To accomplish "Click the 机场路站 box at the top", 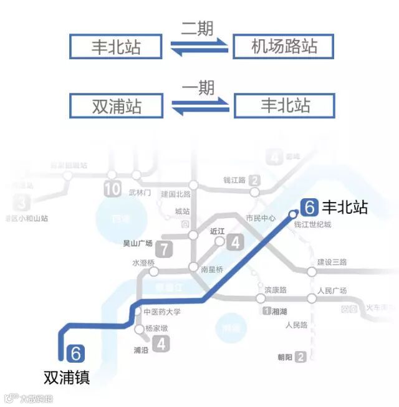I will click(284, 47).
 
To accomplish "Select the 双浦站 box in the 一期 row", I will click(117, 105).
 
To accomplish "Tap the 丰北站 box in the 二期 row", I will click(117, 47).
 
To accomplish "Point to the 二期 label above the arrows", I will click(197, 28).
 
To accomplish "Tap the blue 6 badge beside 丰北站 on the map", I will click(309, 208).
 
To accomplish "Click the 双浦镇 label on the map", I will click(67, 377).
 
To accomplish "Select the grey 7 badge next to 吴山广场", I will click(165, 249).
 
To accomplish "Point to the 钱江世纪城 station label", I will click(313, 224).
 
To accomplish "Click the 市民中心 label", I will click(261, 218).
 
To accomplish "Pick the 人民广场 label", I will click(332, 290).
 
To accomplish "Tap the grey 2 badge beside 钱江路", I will click(254, 181).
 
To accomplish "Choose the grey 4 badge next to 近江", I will click(235, 242).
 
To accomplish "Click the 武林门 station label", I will click(140, 193).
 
